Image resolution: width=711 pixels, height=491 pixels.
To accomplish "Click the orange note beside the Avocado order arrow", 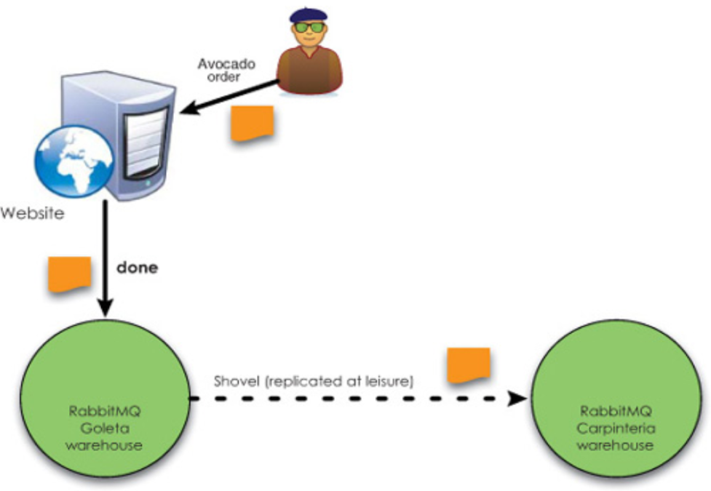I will click(252, 123).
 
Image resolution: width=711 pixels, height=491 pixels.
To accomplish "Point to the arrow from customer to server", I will click(230, 97).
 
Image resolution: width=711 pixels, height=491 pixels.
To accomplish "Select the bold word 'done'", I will click(137, 267).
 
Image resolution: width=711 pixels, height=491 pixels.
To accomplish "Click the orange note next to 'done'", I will click(69, 274).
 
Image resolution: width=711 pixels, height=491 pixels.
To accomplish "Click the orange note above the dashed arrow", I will click(467, 365).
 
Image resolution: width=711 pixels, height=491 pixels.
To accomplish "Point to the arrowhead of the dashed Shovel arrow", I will click(517, 399).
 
